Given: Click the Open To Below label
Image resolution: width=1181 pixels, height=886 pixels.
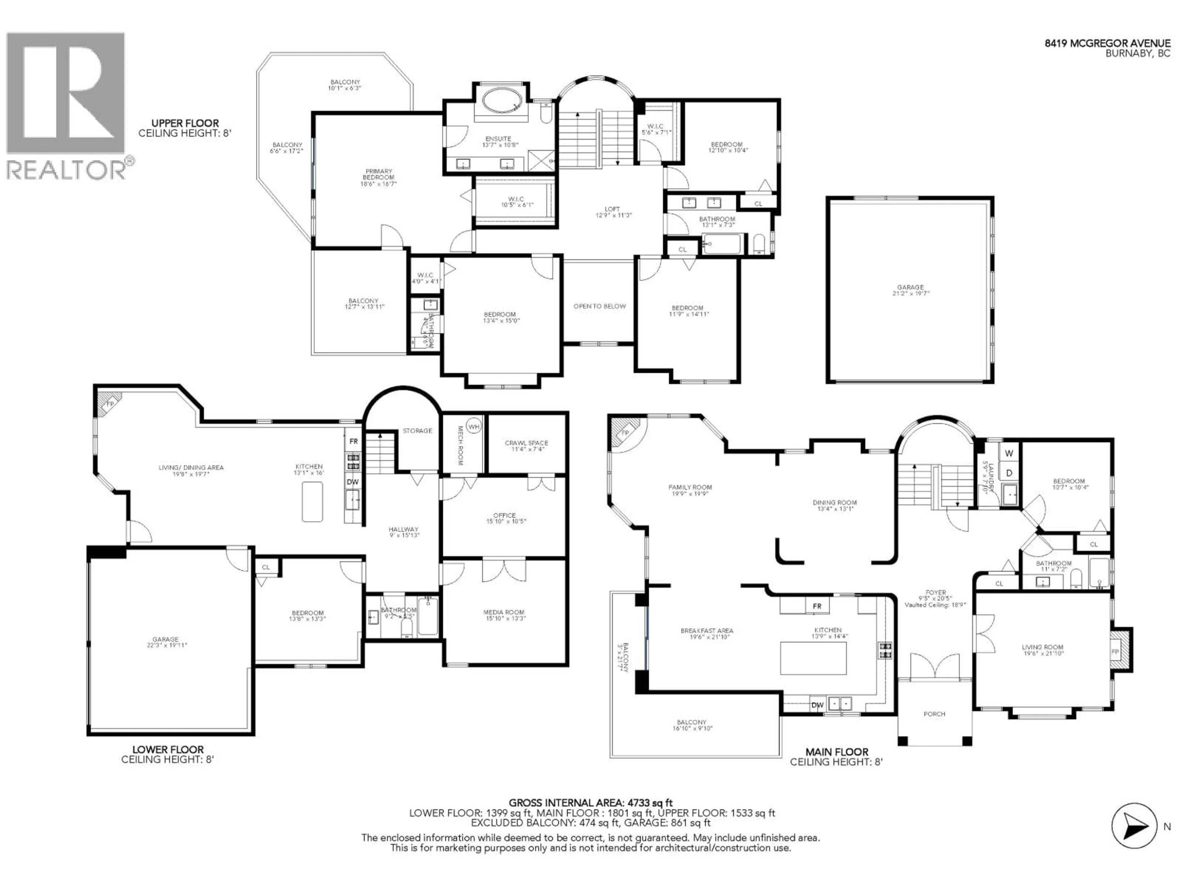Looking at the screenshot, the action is [599, 306].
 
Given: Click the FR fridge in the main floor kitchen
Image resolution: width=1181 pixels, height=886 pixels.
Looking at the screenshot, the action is [817, 606].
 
